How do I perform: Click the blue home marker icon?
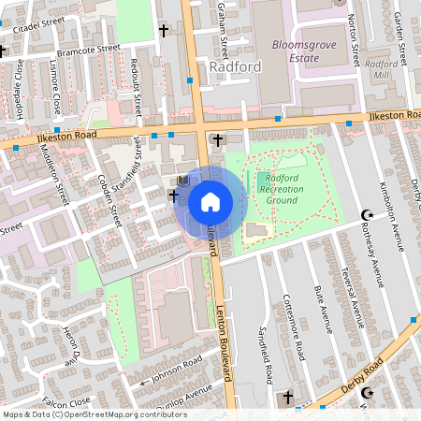tap(210, 202)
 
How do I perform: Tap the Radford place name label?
tap(235, 67)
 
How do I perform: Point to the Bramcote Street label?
tap(89, 47)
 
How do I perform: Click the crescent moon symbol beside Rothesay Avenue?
tap(367, 216)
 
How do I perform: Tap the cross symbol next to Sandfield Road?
tap(288, 399)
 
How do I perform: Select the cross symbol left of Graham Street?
tap(164, 31)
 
